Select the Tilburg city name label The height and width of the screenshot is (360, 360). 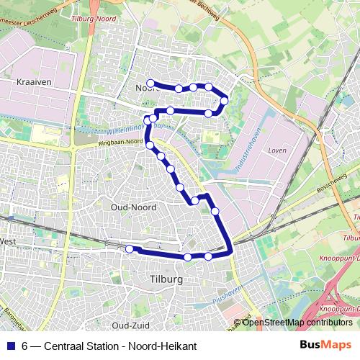pyautogui.click(x=167, y=279)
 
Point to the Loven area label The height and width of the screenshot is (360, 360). pyautogui.click(x=276, y=151)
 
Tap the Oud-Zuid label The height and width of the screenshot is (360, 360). pyautogui.click(x=135, y=325)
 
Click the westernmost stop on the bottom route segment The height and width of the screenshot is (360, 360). pyautogui.click(x=130, y=249)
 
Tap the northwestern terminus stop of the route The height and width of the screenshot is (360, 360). pyautogui.click(x=150, y=82)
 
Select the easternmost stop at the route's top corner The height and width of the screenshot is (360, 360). pyautogui.click(x=225, y=100)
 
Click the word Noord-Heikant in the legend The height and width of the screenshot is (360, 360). pyautogui.click(x=163, y=346)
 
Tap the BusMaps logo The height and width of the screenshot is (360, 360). pyautogui.click(x=325, y=346)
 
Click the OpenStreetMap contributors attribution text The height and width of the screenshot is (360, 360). pyautogui.click(x=297, y=323)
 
